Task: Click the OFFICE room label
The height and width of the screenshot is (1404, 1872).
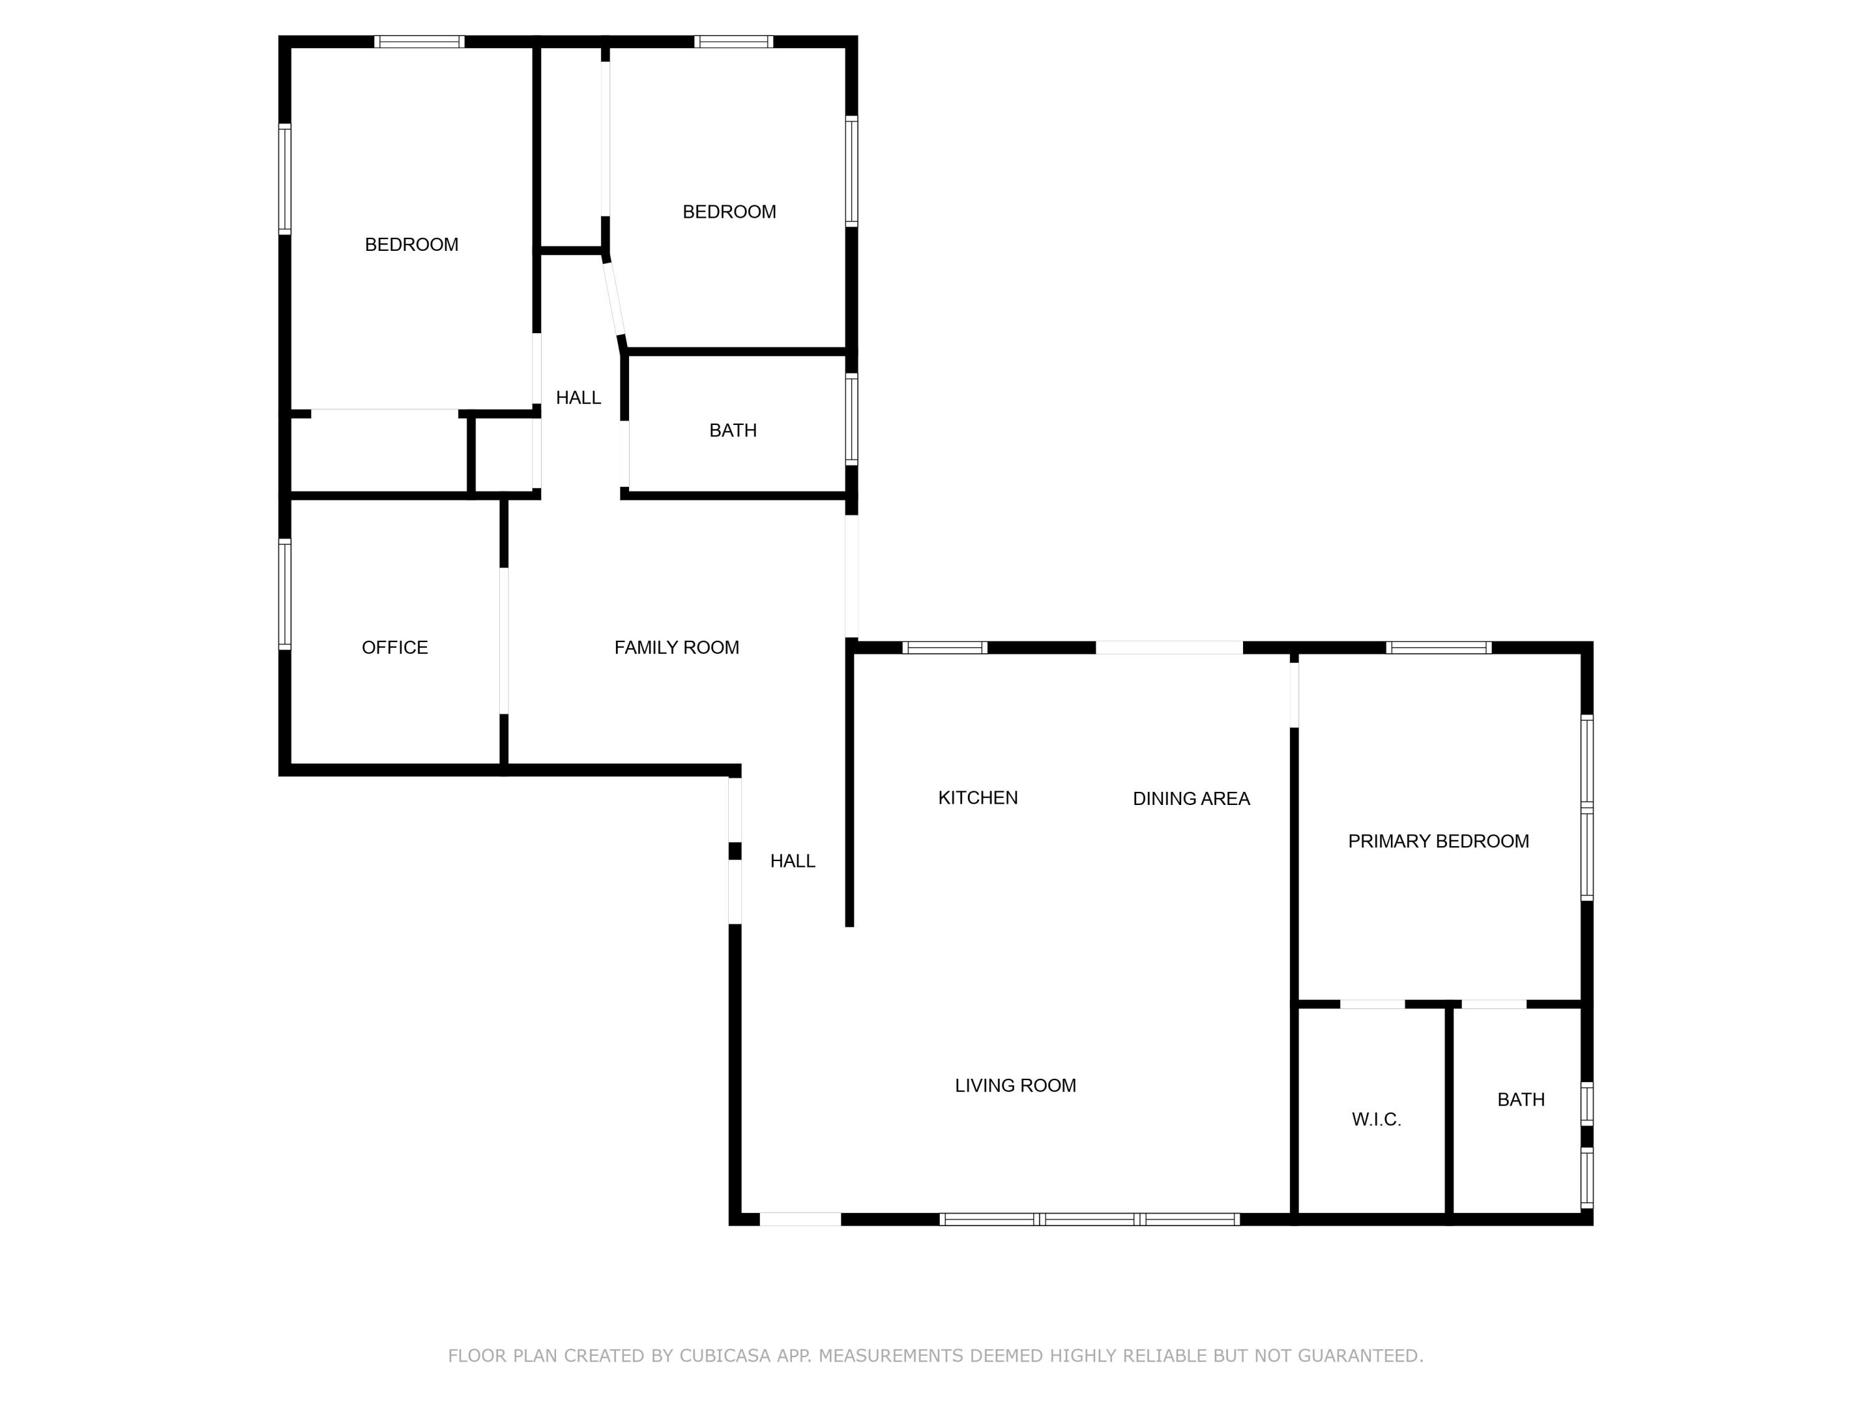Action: (x=394, y=648)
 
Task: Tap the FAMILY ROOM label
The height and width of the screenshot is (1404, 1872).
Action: (x=676, y=648)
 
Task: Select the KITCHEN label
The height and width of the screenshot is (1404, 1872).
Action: (x=977, y=797)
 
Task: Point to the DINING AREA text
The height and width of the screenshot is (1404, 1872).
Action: (x=1191, y=798)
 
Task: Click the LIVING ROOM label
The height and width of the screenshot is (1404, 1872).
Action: (x=1015, y=1085)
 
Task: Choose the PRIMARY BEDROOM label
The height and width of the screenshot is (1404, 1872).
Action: (x=1438, y=841)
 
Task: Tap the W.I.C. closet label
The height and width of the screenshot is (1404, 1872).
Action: (x=1376, y=1119)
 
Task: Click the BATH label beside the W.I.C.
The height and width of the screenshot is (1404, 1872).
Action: (x=1521, y=1099)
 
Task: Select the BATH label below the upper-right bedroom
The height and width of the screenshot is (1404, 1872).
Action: (x=732, y=430)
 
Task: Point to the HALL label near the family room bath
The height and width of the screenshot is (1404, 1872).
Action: (x=578, y=397)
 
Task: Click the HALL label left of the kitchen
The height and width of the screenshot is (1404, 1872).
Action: (x=792, y=860)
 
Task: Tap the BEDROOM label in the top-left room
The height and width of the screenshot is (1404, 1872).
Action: (x=411, y=245)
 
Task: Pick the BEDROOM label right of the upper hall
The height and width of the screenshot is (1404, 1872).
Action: (x=729, y=212)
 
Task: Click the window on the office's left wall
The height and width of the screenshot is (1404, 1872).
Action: (x=285, y=594)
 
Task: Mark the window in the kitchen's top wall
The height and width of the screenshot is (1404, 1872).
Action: (x=945, y=648)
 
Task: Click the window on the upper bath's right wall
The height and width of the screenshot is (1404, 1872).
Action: (x=851, y=419)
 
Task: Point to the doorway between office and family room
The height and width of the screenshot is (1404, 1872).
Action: (x=504, y=641)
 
